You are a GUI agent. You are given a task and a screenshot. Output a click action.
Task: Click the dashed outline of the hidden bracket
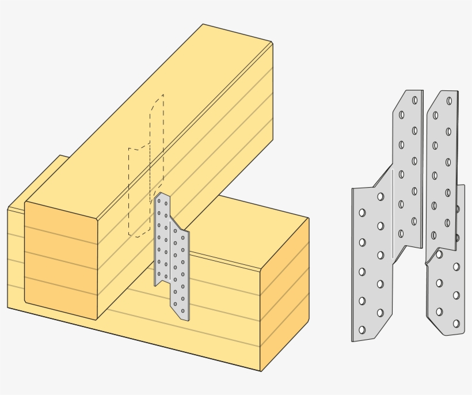[x=129, y=190]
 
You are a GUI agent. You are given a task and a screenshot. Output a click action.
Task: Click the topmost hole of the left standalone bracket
[x=414, y=100]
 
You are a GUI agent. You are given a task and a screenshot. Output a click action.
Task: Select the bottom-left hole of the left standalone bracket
[x=362, y=330]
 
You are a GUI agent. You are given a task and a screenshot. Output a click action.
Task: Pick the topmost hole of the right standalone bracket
[x=449, y=101]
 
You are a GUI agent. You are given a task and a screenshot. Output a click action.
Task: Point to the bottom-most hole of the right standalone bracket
[x=456, y=324]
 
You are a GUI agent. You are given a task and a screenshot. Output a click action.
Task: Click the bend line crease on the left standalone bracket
[x=393, y=213]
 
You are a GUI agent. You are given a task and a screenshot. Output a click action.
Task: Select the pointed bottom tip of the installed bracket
[x=185, y=318]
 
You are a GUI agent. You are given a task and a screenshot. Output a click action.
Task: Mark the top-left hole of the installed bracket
[x=159, y=202]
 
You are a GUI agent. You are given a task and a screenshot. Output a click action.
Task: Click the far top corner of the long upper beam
[x=203, y=25]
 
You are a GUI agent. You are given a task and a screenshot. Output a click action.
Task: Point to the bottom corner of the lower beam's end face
[x=261, y=371]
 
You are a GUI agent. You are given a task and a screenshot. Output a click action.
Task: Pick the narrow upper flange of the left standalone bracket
[x=408, y=167]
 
